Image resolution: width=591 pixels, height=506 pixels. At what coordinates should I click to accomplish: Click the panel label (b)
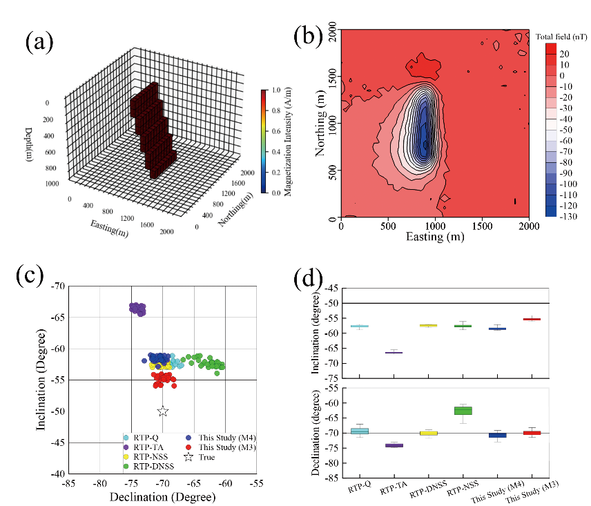pos(309,36)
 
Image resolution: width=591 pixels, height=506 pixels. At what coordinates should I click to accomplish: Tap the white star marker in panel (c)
pos(163,411)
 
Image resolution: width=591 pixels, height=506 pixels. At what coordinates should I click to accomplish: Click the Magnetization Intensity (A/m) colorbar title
pos(287,142)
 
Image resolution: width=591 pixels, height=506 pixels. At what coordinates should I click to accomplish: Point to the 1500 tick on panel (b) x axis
pos(482,226)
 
